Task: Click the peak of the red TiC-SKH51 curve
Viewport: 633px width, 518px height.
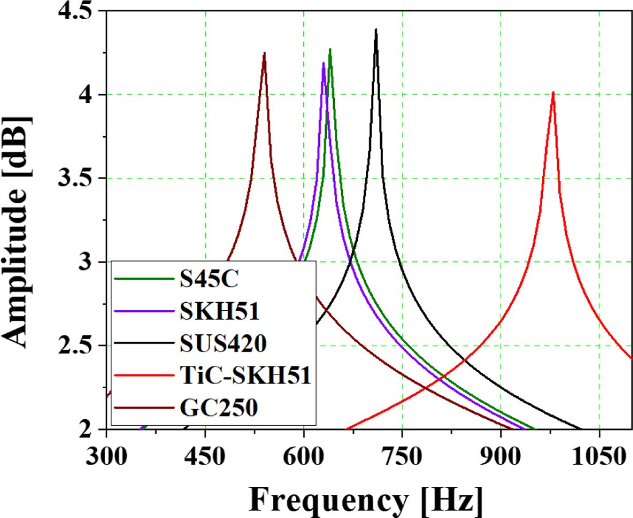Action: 553,92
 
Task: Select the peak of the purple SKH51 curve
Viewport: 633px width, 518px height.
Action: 323,63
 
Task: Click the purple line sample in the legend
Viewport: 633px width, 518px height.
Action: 144,311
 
